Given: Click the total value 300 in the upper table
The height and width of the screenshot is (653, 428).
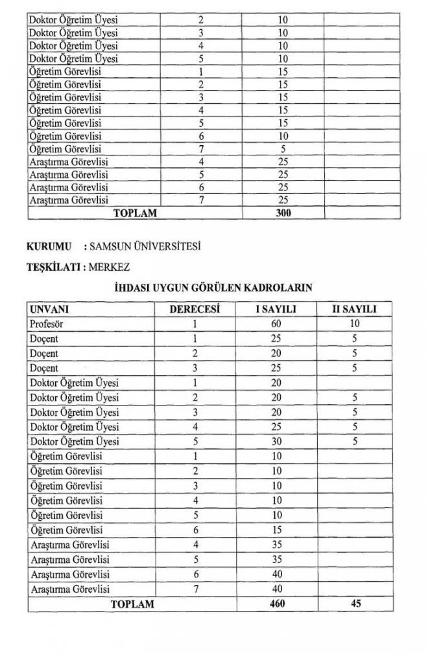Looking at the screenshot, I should (x=282, y=212).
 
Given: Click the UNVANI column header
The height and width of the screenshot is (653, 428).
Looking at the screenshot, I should (x=49, y=309).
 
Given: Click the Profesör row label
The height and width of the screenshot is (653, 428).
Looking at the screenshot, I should (x=46, y=323).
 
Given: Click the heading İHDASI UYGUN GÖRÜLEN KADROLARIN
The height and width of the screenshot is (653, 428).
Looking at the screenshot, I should (x=214, y=286).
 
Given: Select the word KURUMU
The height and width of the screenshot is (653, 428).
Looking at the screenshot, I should (x=47, y=246).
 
